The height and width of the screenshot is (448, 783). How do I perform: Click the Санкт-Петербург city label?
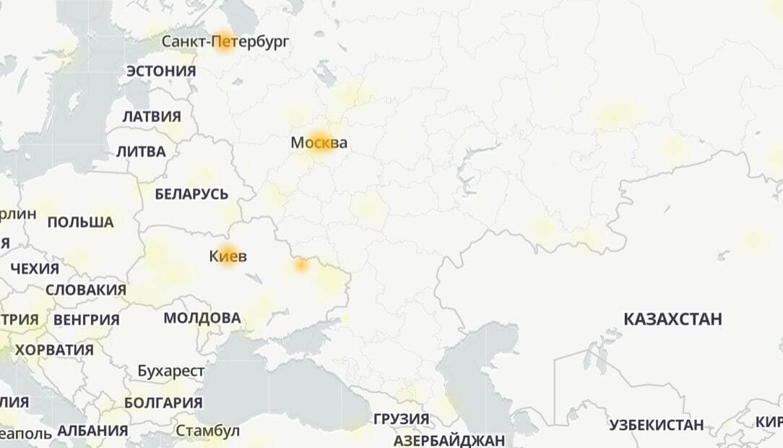(225, 41)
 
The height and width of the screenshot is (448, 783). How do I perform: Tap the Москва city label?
(319, 143)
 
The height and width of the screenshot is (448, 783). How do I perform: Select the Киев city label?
(228, 256)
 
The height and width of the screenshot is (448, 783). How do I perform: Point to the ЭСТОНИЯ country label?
(161, 71)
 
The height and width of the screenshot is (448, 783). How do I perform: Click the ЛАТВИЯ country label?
(152, 116)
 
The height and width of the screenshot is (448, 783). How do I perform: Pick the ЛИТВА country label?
(141, 152)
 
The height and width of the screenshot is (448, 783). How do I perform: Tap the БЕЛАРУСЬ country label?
(191, 194)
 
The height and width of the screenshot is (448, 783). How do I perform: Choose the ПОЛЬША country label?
(80, 222)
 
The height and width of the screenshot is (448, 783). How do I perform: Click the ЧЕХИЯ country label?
(35, 269)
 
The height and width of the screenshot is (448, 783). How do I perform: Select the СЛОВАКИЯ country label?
(86, 290)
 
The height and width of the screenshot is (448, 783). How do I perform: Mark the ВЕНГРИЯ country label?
(86, 319)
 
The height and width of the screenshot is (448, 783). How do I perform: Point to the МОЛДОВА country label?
(202, 318)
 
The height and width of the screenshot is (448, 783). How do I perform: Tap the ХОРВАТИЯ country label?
(54, 350)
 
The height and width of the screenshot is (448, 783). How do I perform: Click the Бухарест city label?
(171, 371)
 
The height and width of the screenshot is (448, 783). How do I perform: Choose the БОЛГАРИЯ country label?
(163, 402)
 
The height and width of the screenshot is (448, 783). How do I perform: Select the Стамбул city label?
(207, 431)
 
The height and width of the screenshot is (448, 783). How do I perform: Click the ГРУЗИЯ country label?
(401, 419)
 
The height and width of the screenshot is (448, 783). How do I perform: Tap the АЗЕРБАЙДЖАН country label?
(449, 440)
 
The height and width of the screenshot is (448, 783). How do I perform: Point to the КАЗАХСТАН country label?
(672, 319)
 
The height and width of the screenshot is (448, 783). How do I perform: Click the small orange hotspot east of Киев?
(300, 266)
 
